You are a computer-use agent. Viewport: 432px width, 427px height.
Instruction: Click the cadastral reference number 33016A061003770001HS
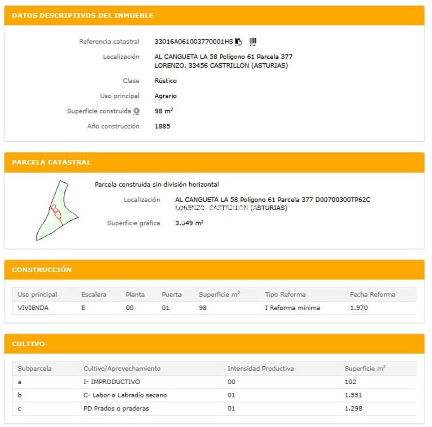(194, 42)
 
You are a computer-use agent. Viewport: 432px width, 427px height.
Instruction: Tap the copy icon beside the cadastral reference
(238, 42)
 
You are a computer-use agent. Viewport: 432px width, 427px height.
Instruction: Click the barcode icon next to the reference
(253, 42)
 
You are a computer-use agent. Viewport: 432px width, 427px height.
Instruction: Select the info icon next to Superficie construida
(136, 111)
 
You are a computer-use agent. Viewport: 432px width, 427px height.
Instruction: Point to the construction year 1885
(162, 126)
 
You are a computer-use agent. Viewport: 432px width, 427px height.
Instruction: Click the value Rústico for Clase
(165, 81)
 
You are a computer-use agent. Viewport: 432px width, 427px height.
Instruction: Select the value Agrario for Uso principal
(165, 96)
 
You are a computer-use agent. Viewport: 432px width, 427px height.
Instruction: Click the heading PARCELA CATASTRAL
(51, 162)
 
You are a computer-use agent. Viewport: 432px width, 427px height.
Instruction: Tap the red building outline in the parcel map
(56, 212)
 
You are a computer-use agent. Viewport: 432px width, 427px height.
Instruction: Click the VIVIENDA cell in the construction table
(33, 308)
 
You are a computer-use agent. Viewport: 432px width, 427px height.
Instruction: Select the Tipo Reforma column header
(285, 295)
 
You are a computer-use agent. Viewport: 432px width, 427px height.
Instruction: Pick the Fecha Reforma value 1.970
(359, 308)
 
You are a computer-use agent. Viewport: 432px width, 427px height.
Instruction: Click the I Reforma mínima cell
(292, 308)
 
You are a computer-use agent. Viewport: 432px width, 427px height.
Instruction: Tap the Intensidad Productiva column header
(260, 369)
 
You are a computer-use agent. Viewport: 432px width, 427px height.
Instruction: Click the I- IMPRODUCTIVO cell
(112, 382)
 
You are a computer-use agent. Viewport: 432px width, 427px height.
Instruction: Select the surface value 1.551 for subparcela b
(353, 395)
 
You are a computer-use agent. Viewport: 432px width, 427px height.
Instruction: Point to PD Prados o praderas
(116, 408)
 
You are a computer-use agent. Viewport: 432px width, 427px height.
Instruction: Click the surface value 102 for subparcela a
(350, 382)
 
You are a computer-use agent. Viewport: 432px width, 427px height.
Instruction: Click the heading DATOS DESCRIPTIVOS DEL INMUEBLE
(82, 16)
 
